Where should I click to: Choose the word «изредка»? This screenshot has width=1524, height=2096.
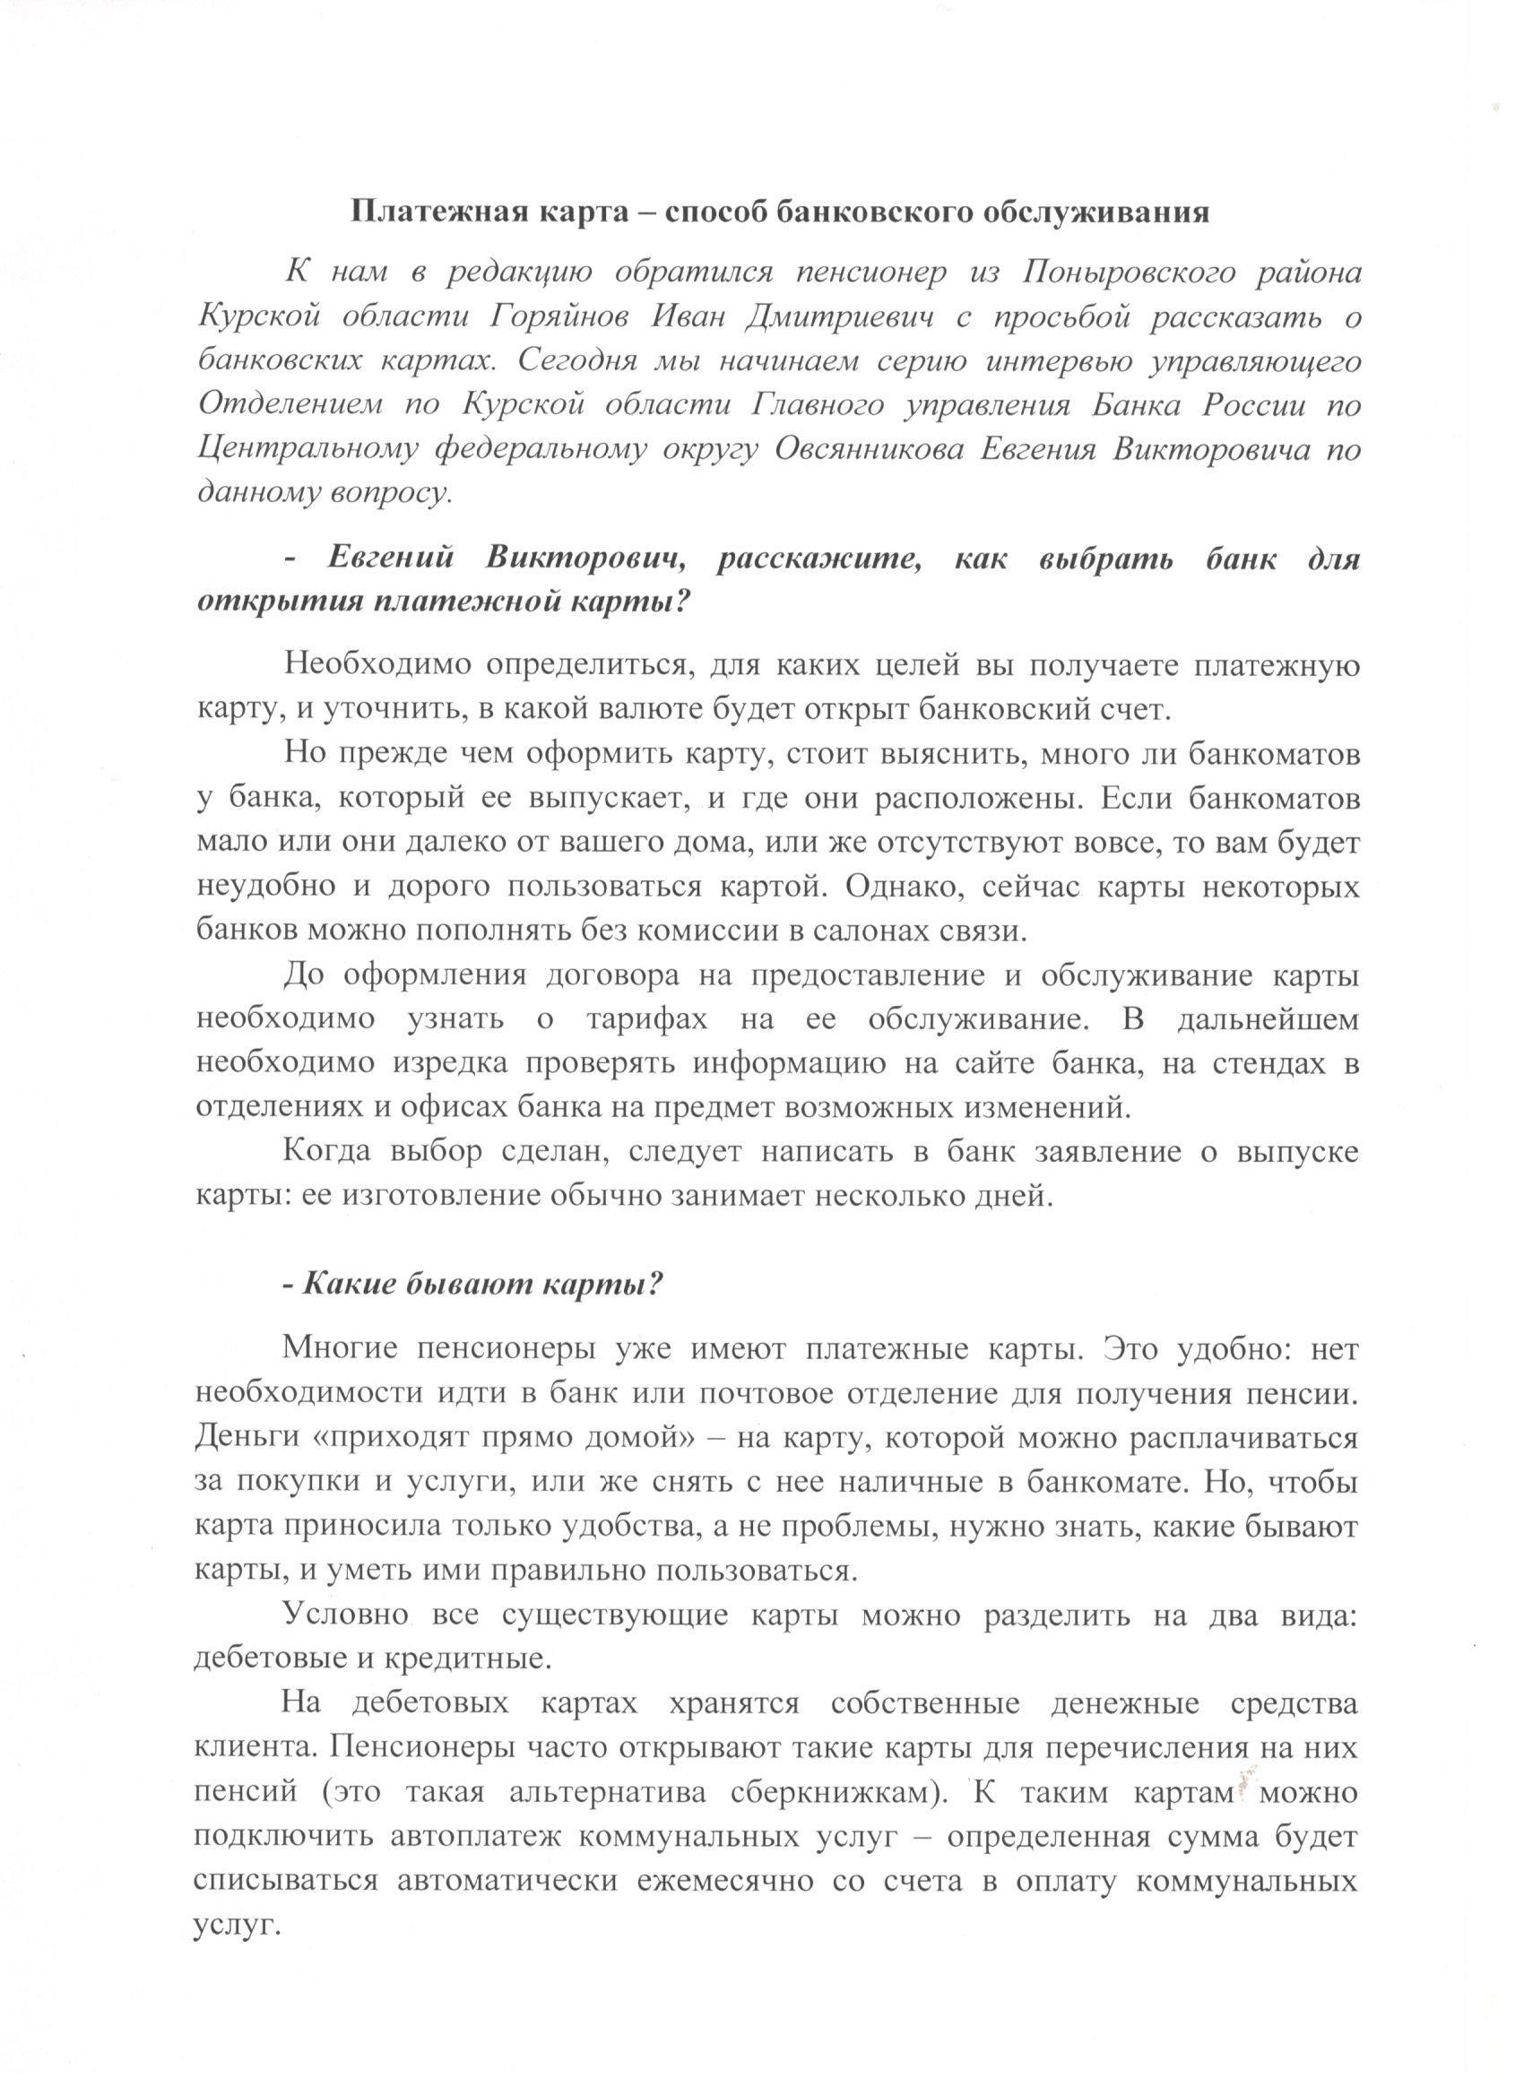click(451, 1064)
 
